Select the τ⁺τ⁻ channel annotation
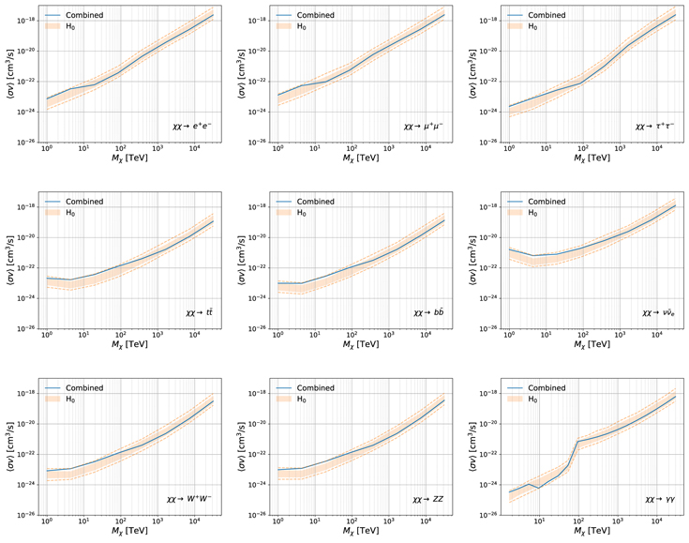pyautogui.click(x=653, y=125)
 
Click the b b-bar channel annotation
pyautogui.click(x=428, y=310)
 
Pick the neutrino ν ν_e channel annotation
pyautogui.click(x=658, y=310)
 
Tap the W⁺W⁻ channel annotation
pyautogui.click(x=188, y=498)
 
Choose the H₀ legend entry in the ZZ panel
pyautogui.click(x=301, y=399)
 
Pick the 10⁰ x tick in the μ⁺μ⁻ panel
pyautogui.click(x=277, y=149)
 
